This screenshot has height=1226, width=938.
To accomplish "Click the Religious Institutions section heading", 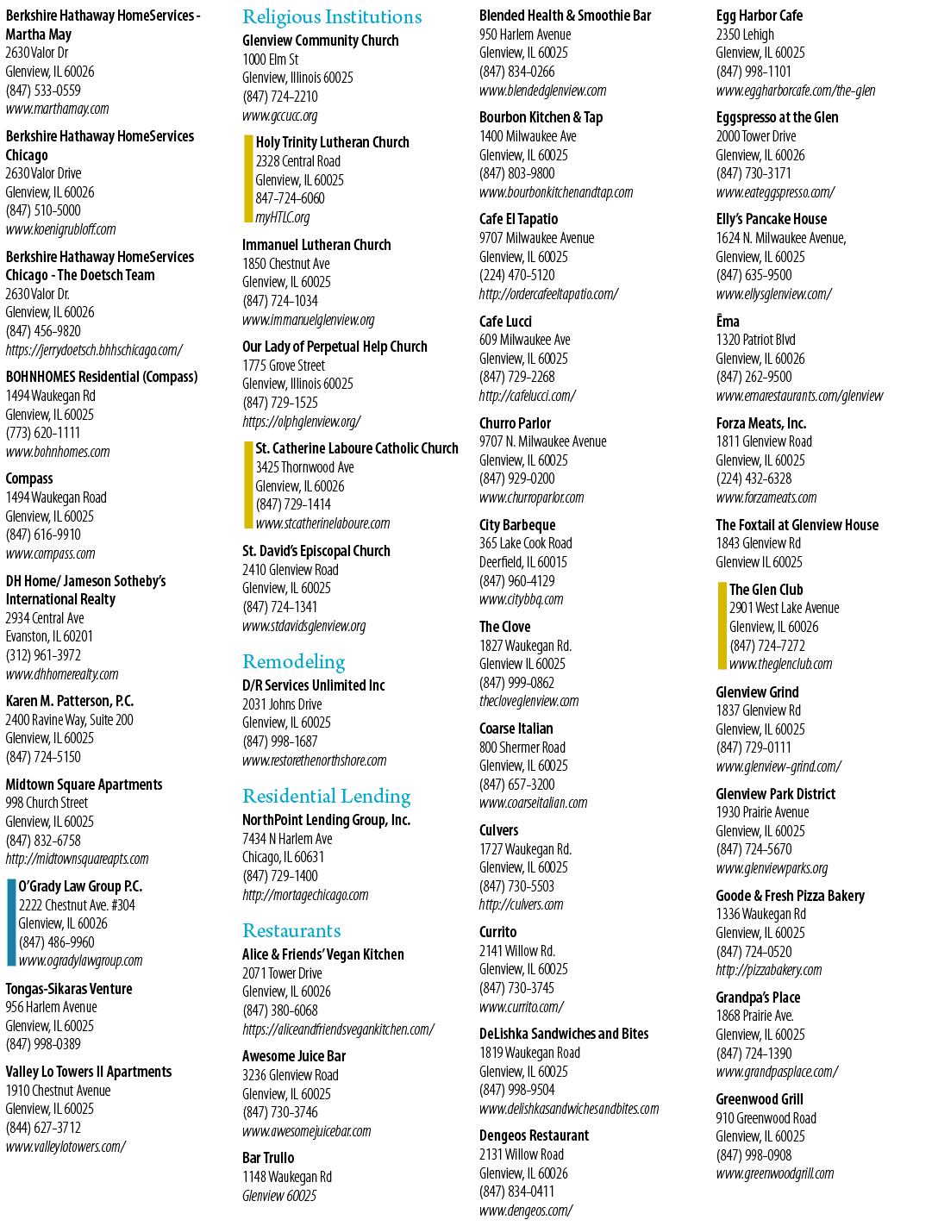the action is (332, 17).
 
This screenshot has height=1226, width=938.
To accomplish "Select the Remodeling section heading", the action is (294, 662).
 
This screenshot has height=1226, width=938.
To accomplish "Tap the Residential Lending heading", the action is (327, 797).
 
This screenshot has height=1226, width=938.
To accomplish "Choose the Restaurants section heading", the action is (291, 931).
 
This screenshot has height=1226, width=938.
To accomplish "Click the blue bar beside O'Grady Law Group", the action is (11, 923).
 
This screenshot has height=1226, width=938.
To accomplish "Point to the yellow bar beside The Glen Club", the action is (722, 626).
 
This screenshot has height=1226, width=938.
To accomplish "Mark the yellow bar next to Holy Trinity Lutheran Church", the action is (248, 178).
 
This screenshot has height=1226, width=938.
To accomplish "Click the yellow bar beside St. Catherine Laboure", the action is (248, 485).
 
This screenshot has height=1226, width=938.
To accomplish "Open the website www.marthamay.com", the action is (58, 109).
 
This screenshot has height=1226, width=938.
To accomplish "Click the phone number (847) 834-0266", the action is (517, 72).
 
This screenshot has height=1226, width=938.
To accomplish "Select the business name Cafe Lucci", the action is (505, 322).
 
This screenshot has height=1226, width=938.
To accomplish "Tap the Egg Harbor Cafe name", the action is (760, 16).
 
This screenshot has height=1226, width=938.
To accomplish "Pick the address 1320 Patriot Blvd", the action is (755, 340).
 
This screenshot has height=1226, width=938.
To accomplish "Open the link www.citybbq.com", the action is (522, 599).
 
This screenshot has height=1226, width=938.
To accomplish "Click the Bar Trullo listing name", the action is (268, 1158).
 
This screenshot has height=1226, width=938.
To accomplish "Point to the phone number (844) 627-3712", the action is (43, 1128).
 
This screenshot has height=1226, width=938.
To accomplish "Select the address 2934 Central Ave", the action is (45, 618).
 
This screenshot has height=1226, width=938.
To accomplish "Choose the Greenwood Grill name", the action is (760, 1099).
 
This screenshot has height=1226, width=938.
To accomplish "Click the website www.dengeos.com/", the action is (526, 1210).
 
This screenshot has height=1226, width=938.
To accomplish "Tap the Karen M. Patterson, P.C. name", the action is (70, 701).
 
